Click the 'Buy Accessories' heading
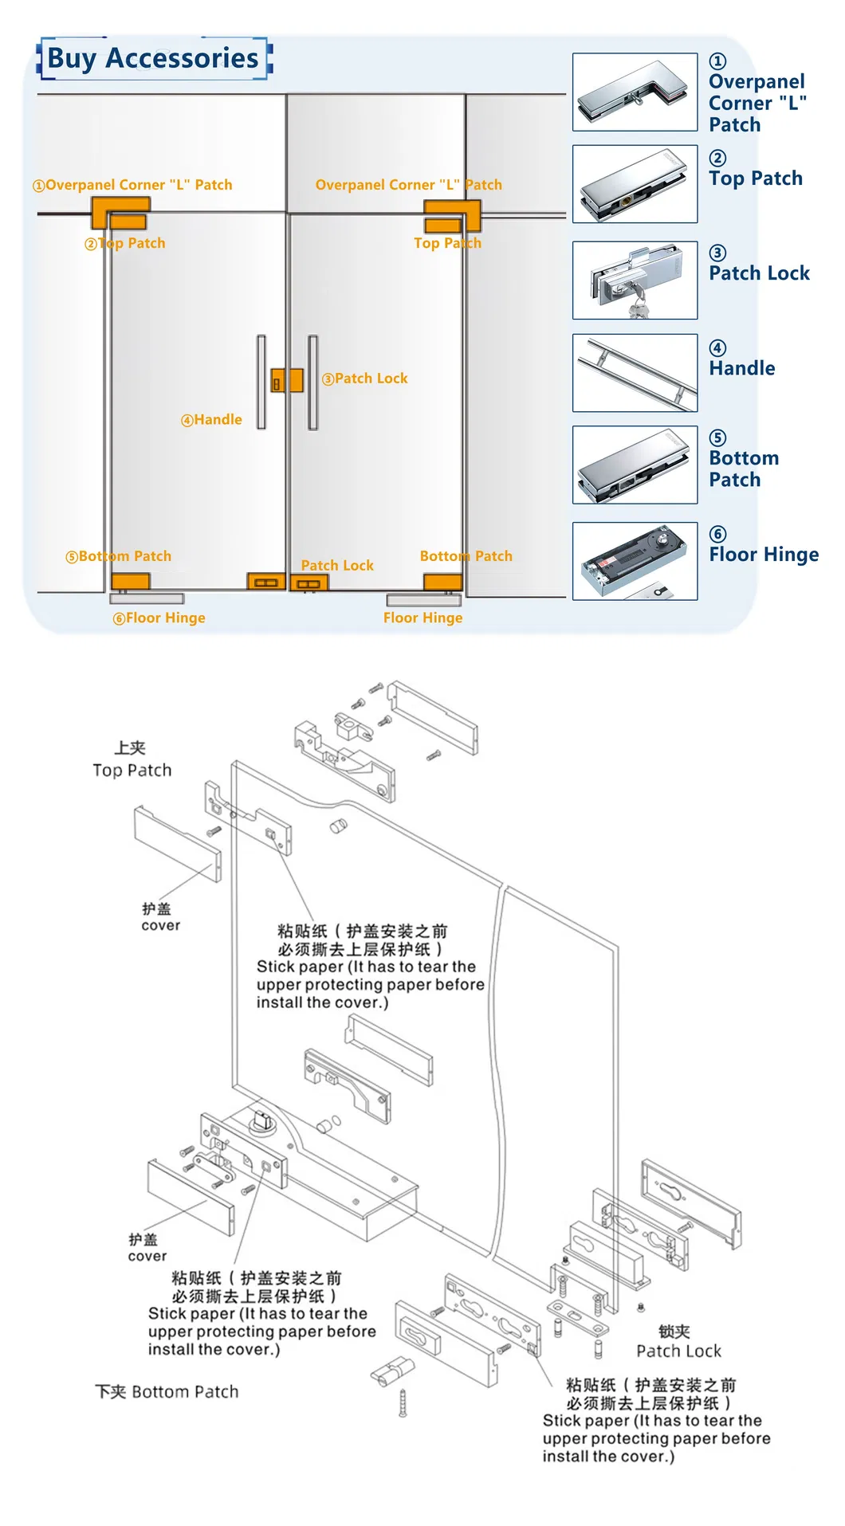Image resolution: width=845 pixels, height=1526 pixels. [x=153, y=58]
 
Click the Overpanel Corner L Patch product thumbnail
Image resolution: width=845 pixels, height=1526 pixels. [x=635, y=92]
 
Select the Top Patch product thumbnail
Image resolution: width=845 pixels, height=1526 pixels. [x=635, y=184]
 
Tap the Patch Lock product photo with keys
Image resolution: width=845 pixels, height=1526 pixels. [x=635, y=280]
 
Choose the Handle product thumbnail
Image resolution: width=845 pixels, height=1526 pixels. [x=635, y=373]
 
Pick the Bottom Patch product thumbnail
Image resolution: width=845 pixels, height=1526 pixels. [x=635, y=465]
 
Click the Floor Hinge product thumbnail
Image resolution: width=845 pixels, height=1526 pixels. [x=635, y=561]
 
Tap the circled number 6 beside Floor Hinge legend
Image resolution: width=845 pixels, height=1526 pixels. [x=717, y=534]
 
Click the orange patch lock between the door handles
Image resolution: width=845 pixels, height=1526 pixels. [x=287, y=381]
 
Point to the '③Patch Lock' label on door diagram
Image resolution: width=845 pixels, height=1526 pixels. [x=365, y=379]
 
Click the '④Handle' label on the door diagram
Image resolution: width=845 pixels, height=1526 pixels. [x=211, y=420]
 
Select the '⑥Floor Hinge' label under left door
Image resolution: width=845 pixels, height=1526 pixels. [x=159, y=618]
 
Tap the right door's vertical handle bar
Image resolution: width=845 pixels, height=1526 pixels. [x=312, y=382]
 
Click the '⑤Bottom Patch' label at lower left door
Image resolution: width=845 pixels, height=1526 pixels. [x=119, y=556]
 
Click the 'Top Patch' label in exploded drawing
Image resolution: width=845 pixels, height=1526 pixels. [x=132, y=770]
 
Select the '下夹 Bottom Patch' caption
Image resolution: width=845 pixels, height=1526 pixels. [x=167, y=1391]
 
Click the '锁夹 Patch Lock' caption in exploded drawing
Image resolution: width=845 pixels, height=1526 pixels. [x=678, y=1351]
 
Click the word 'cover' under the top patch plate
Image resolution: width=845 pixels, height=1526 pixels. [x=161, y=925]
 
